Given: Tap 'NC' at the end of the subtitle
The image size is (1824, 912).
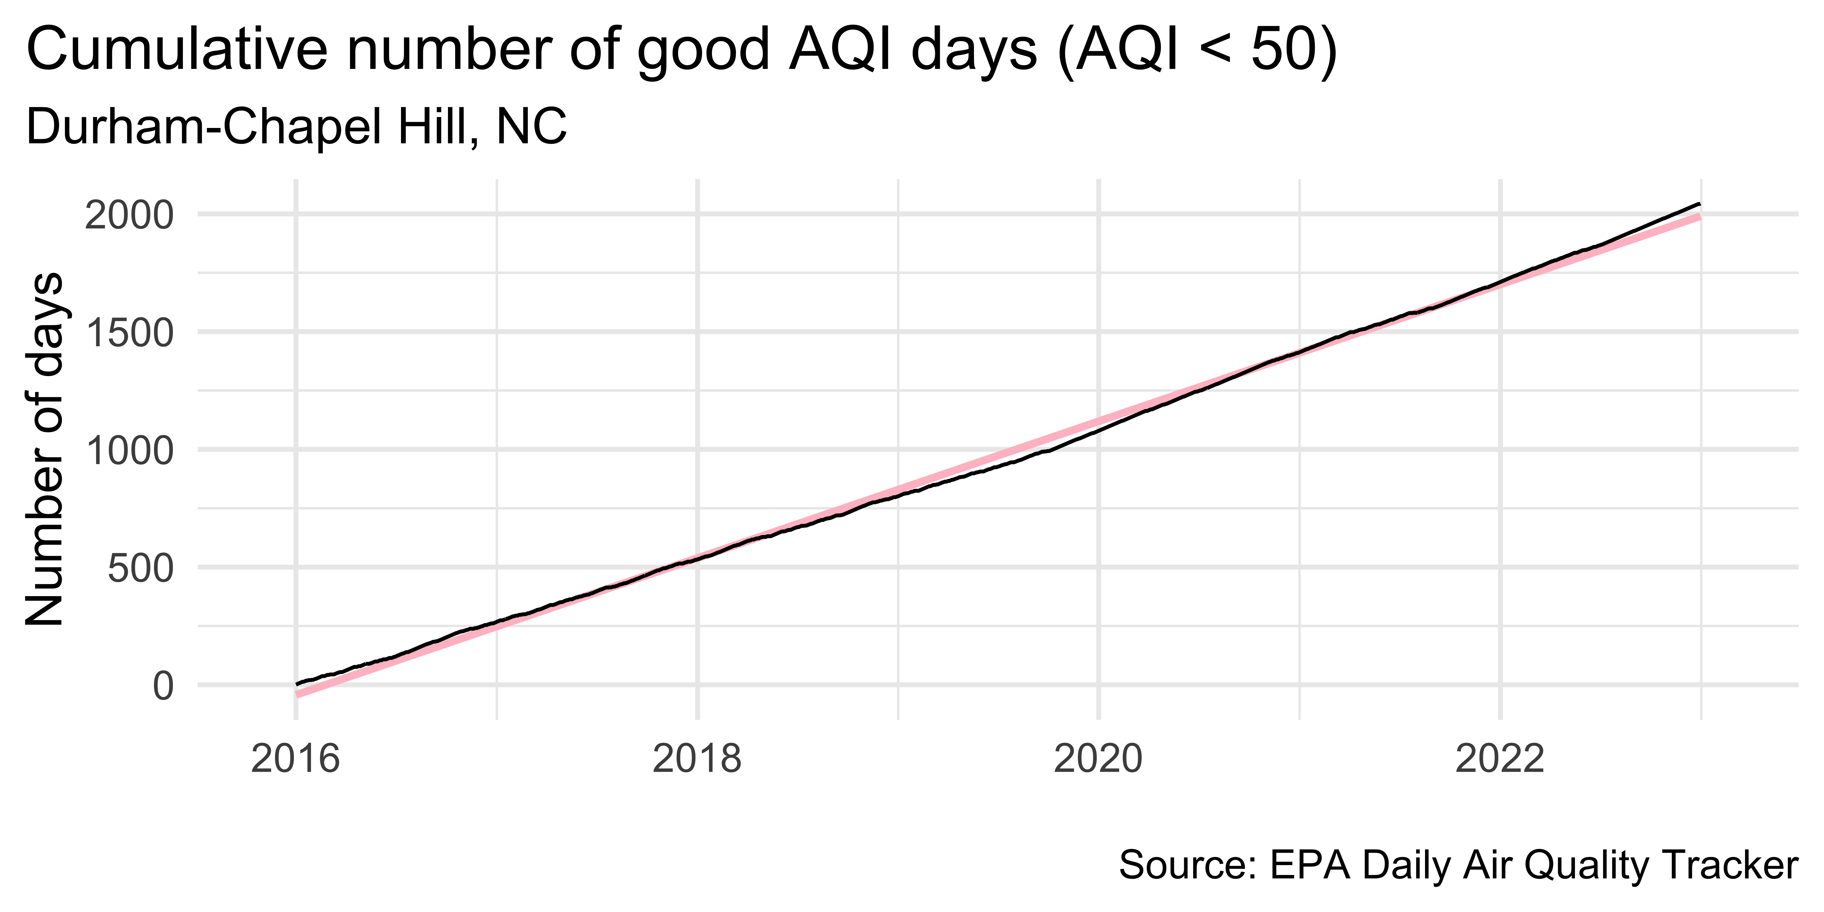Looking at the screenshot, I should coord(531,127).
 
